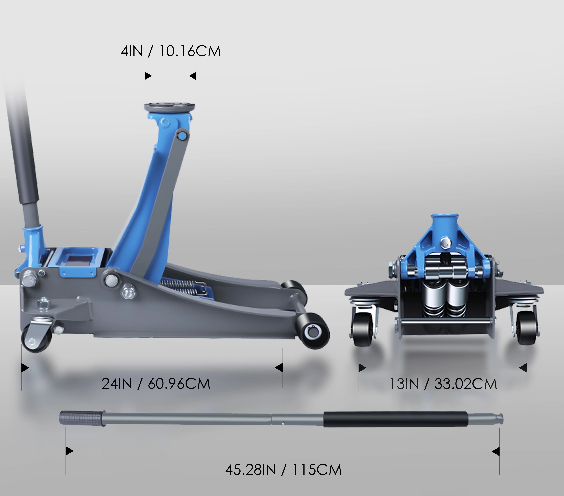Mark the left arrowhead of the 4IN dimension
tap(148, 76)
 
